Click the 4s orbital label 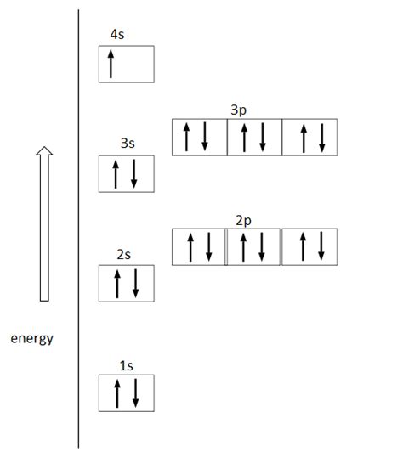click(x=120, y=35)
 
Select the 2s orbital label click(x=125, y=254)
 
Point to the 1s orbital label click(x=126, y=365)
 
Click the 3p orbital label click(x=240, y=110)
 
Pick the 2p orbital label click(x=243, y=220)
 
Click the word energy click(x=32, y=339)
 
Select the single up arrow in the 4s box click(x=111, y=64)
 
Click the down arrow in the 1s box click(x=135, y=393)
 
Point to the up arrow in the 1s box click(x=117, y=393)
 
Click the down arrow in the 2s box click(x=135, y=283)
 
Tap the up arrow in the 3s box click(x=117, y=174)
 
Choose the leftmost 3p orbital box click(x=199, y=137)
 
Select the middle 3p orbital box click(x=254, y=137)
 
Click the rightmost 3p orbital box click(x=309, y=137)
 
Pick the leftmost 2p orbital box click(x=199, y=246)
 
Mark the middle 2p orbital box click(x=253, y=246)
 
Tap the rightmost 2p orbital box click(x=309, y=246)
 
